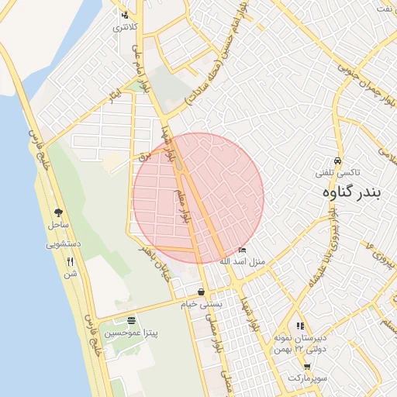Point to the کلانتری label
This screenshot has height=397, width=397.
point(125,27)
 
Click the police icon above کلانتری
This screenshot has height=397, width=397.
point(125,16)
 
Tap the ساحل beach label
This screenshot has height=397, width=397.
point(58,224)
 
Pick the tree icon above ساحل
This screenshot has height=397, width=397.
point(58,212)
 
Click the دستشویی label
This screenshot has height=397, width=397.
point(62,243)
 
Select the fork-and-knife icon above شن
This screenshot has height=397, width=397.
point(71,261)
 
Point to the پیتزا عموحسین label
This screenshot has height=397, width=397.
point(131,333)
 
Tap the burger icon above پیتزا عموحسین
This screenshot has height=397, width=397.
point(130,320)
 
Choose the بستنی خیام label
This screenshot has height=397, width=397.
point(202,304)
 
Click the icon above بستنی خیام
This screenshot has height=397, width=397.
point(202,292)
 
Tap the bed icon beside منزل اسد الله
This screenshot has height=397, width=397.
point(243,250)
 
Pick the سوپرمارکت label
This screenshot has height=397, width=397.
point(308,378)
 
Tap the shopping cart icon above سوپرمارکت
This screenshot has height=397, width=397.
point(307,366)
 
